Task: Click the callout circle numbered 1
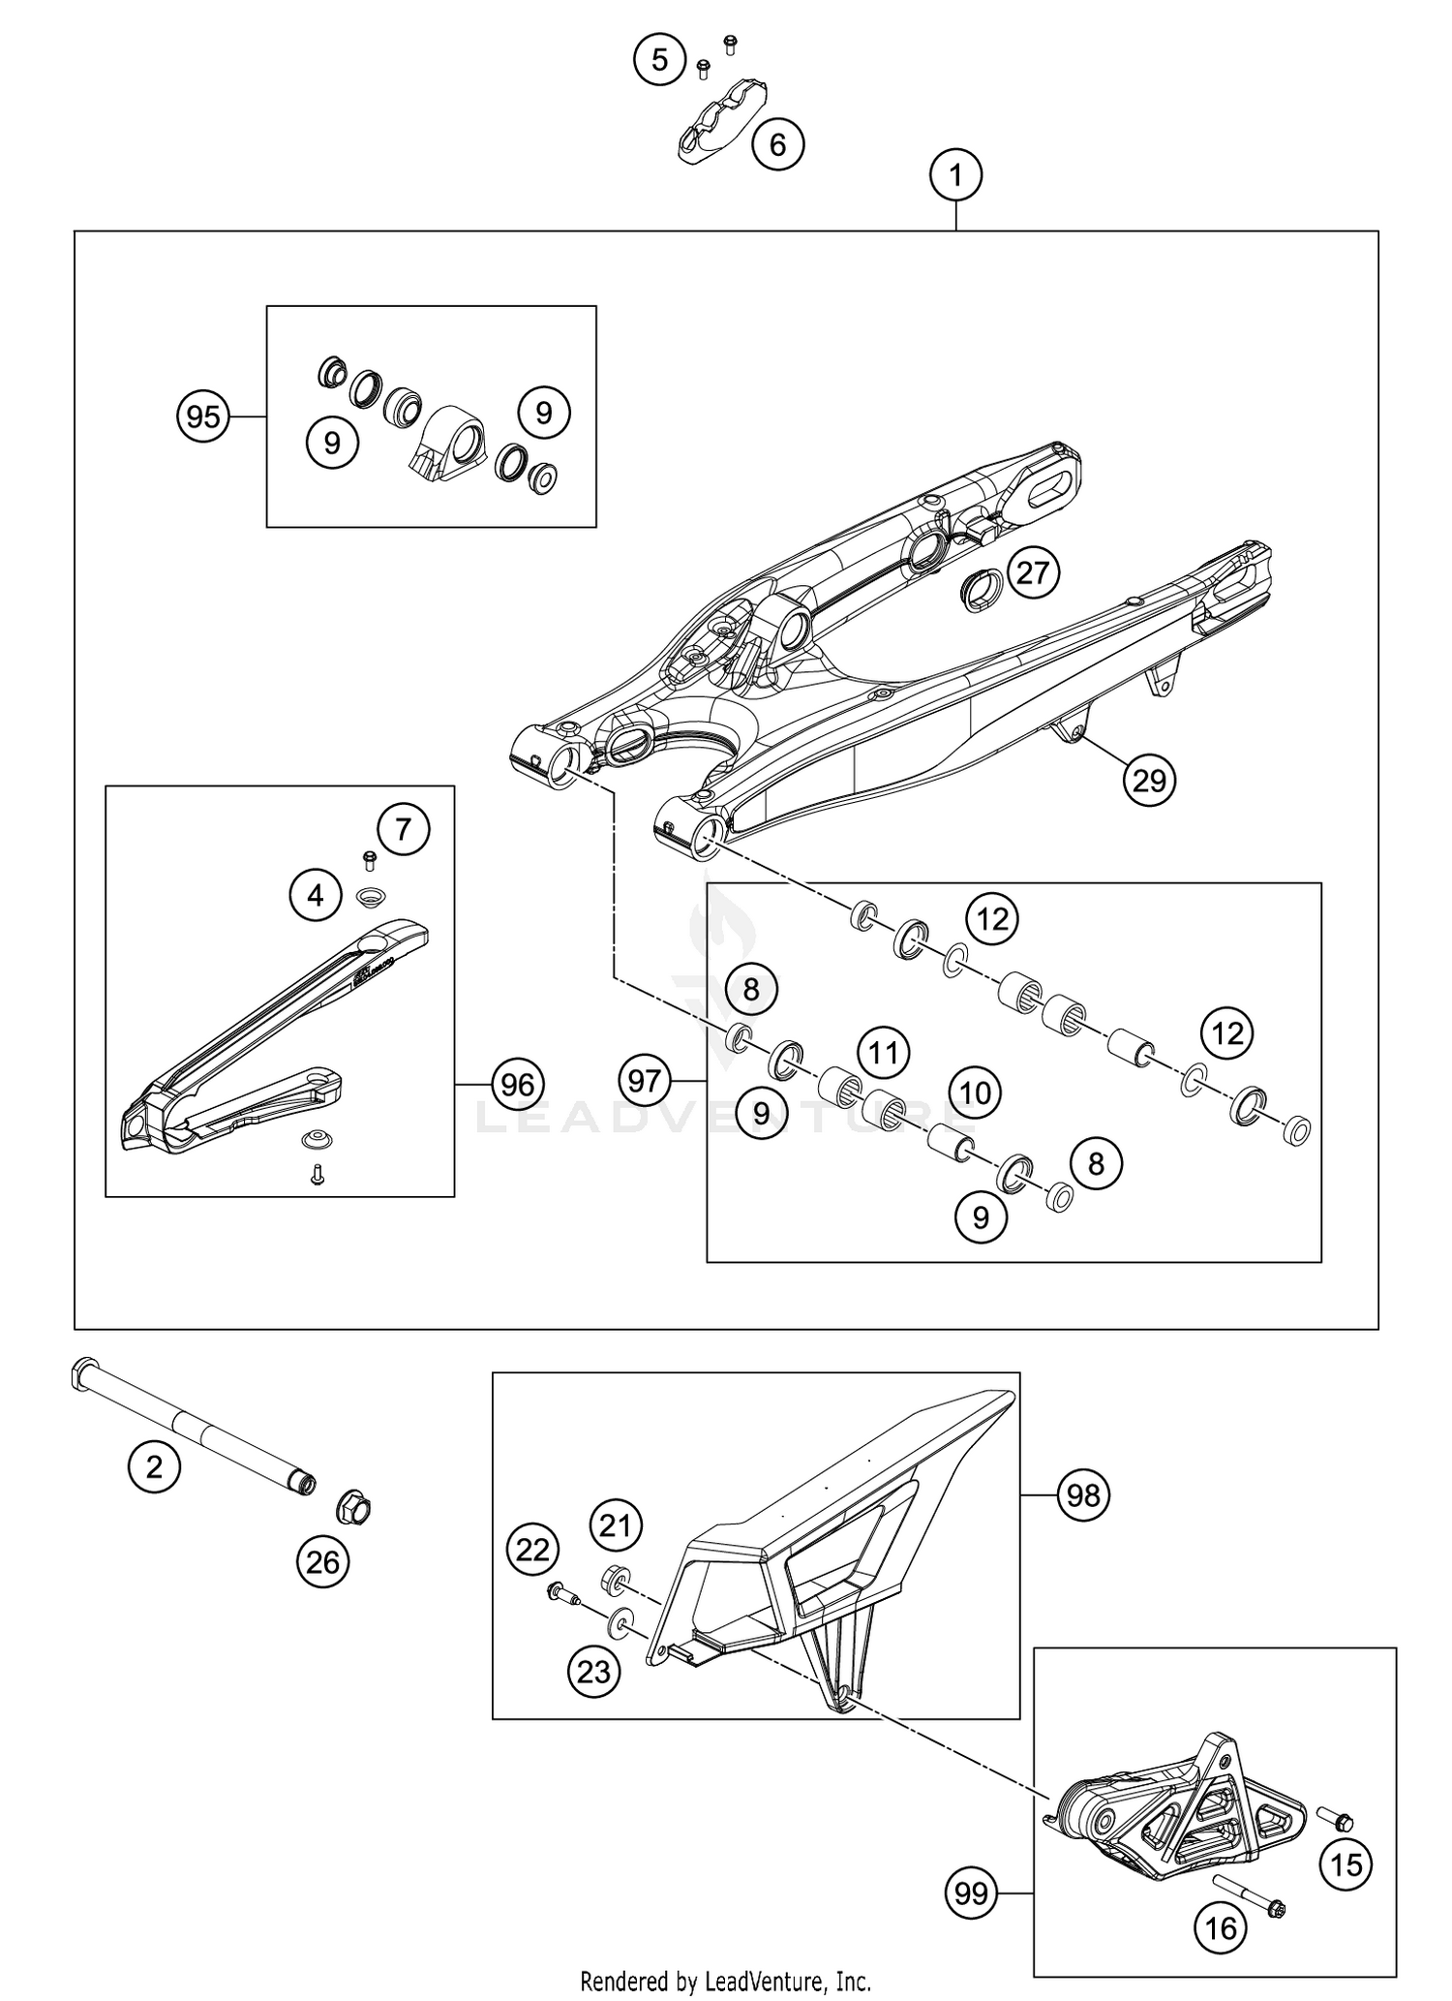coord(955,176)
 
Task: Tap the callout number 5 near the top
coord(659,60)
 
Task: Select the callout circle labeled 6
coord(777,144)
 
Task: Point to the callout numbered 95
coord(203,417)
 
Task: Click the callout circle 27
coord(1033,572)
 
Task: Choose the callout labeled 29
coord(1149,780)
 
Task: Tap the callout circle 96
coord(518,1085)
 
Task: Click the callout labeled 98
coord(1083,1495)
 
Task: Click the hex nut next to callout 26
coord(353,1508)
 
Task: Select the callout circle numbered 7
coord(404,829)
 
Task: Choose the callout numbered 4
coord(316,896)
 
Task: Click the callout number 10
coord(975,1093)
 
